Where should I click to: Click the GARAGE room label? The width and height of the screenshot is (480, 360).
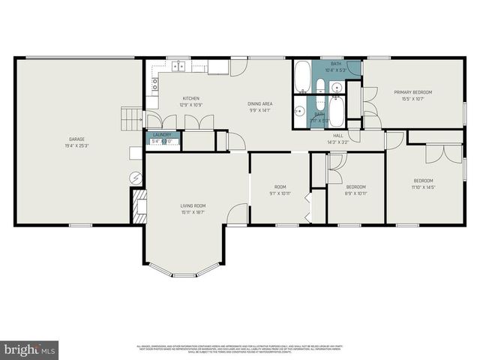pos(76,139)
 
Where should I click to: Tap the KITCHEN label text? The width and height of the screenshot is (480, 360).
pos(190,98)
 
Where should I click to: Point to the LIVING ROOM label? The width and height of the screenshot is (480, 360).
pos(193,205)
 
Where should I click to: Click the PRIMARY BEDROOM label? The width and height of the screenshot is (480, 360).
pos(413,92)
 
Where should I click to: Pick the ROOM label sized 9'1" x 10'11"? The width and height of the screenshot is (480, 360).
pos(280,187)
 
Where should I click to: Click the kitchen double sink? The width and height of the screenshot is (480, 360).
pos(179,66)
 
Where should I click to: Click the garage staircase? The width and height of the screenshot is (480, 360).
pos(132,117)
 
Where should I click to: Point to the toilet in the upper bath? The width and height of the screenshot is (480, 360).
pos(320,83)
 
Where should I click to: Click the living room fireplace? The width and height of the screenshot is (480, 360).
pos(139,202)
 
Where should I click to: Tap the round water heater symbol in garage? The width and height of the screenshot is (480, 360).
pos(136,178)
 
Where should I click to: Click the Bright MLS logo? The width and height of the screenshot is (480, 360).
pos(29,349)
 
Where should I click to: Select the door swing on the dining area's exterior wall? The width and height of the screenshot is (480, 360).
pos(237,67)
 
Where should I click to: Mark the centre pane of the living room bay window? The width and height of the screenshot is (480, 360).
pos(184,274)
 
